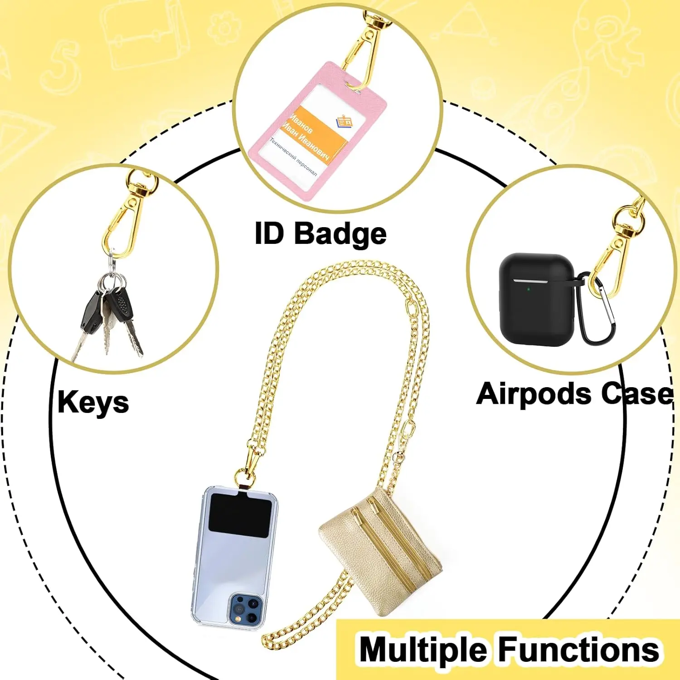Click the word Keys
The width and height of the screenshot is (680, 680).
pyautogui.click(x=93, y=403)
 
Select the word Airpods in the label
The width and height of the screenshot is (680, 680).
pyautogui.click(x=534, y=393)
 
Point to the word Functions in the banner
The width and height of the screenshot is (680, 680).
pyautogui.click(x=579, y=650)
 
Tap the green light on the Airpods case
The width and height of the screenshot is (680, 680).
pyautogui.click(x=529, y=288)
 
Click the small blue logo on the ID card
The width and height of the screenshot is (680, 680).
pyautogui.click(x=344, y=121)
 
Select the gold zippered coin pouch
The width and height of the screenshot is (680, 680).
pyautogui.click(x=381, y=549)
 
